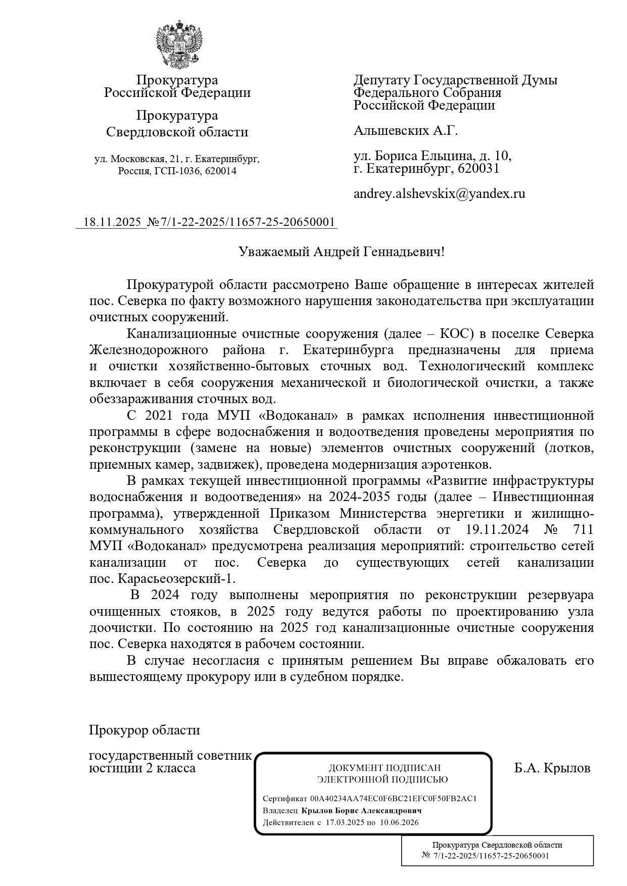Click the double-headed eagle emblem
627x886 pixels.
coord(177,44)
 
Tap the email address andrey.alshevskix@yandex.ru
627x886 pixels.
coord(439,193)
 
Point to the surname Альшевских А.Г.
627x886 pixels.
coord(405,131)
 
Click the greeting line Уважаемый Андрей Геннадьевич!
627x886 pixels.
coord(342,252)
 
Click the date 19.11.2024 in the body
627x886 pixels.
coord(495,530)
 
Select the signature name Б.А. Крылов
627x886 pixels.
coord(552,769)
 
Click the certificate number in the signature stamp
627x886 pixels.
coord(394,799)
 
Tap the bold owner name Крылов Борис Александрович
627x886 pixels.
coord(362,811)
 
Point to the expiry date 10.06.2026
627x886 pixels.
coord(399,822)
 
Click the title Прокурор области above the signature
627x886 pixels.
coord(144,730)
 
